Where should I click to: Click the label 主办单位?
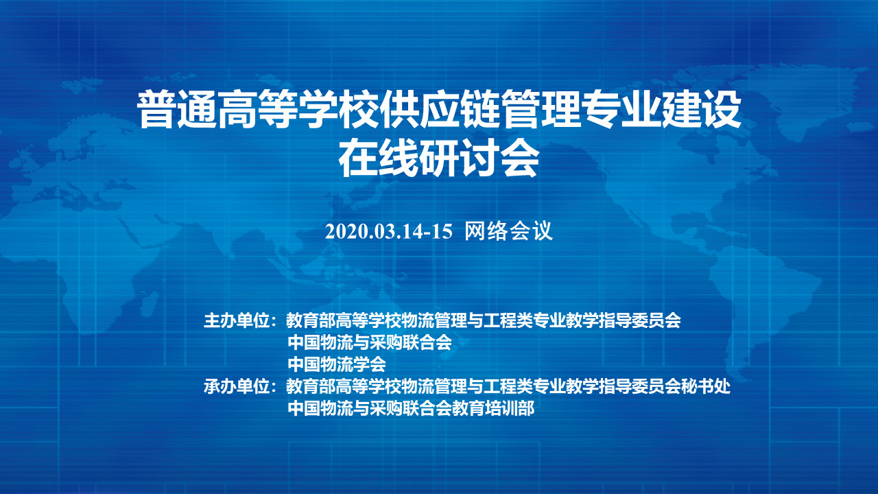point(237,320)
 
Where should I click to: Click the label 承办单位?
point(237,386)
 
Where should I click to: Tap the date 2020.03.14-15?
point(388,232)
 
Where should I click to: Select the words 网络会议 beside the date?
point(508,231)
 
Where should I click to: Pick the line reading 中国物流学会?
point(337,364)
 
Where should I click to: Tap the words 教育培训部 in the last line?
point(493,408)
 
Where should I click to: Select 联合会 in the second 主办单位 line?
point(427,342)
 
